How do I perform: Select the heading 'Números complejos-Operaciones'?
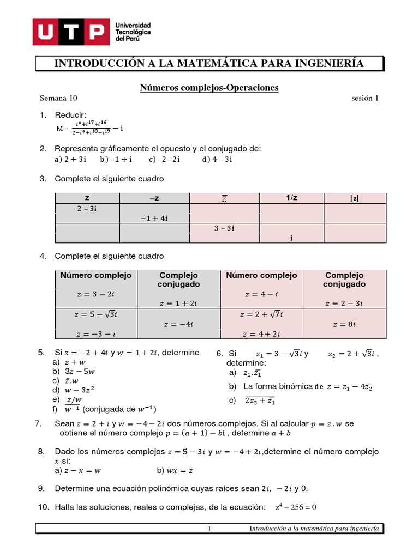(209, 87)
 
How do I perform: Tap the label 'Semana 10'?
(59, 99)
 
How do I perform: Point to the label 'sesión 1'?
(364, 99)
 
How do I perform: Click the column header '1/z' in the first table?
(292, 198)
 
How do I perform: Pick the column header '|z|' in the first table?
(355, 198)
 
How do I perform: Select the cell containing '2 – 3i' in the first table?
(87, 209)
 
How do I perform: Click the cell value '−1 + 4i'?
(154, 219)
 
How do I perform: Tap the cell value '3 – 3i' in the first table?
(224, 228)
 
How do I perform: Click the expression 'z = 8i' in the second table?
(344, 324)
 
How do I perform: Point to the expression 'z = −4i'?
(178, 324)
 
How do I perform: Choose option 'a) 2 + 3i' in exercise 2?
(71, 160)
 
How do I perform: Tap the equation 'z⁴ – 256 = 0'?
(297, 507)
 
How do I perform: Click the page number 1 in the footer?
(209, 529)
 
